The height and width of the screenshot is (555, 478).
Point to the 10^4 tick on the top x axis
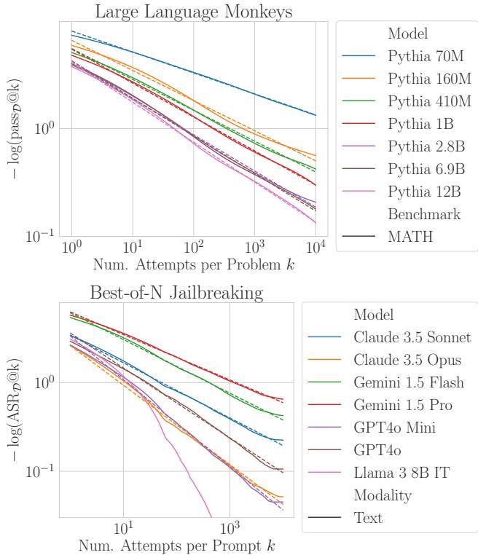point(316,248)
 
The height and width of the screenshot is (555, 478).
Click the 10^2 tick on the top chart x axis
point(193,248)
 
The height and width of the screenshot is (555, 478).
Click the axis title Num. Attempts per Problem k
point(193,265)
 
